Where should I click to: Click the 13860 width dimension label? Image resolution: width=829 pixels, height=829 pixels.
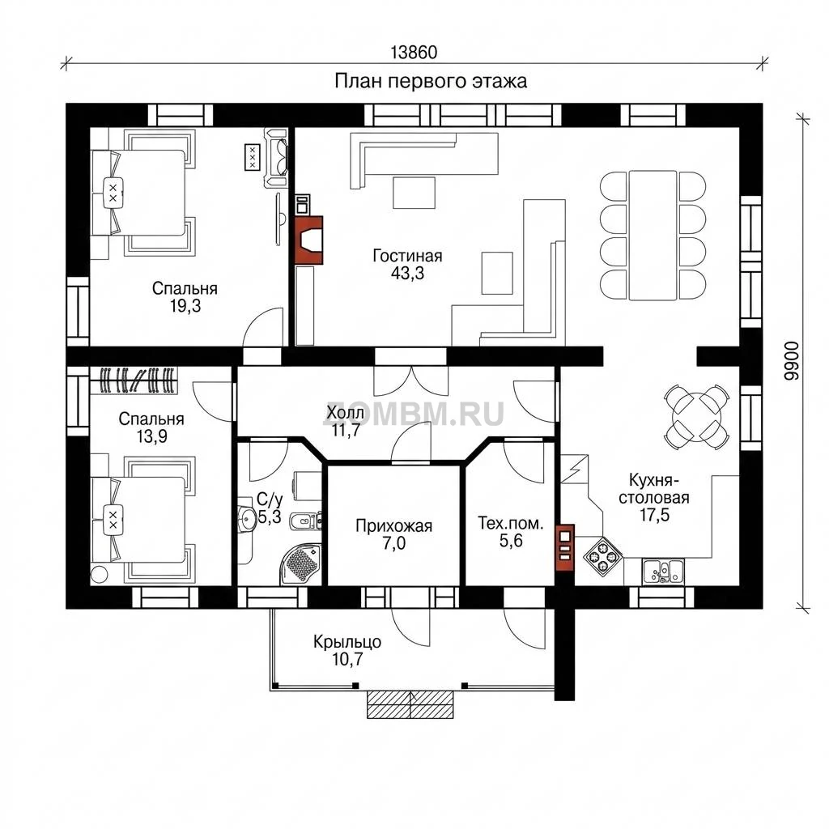[414, 53]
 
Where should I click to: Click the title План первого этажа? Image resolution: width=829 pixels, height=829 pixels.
[431, 82]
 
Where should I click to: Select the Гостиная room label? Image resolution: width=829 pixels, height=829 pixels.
[407, 256]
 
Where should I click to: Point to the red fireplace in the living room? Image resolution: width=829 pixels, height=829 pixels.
[308, 240]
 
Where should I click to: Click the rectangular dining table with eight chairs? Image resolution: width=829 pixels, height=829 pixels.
[653, 236]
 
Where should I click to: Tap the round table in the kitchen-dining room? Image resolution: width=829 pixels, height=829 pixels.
[696, 417]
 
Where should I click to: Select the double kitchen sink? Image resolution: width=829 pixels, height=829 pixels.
[663, 571]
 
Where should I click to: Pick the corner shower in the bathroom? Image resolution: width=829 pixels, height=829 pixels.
[300, 564]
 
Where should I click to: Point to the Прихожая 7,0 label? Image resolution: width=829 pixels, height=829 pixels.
[394, 534]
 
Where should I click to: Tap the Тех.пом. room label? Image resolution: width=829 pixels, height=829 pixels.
[511, 523]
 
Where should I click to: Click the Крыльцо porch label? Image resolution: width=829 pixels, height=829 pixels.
[347, 642]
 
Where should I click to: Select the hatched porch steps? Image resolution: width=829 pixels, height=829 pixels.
[410, 704]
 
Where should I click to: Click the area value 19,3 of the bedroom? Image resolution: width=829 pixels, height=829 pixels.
[185, 305]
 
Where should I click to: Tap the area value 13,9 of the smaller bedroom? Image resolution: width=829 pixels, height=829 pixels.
[151, 436]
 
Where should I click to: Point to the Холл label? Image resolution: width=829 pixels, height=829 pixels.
[345, 412]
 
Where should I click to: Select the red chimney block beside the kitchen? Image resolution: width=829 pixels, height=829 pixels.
[564, 548]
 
